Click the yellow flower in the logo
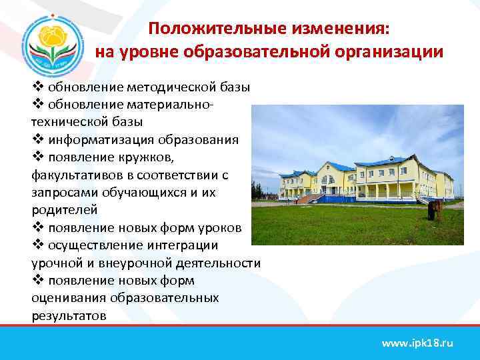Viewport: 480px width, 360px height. tap(54, 37)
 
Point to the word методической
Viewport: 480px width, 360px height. tap(166, 87)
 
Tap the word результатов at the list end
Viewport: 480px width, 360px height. tap(69, 315)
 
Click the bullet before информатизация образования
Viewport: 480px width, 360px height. tap(37, 140)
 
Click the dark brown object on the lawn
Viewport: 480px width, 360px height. tap(433, 210)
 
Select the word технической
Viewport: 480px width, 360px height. tap(72, 123)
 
